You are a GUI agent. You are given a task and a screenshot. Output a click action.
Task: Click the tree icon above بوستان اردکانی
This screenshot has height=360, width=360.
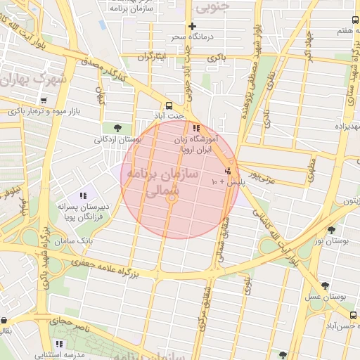[x=116, y=127]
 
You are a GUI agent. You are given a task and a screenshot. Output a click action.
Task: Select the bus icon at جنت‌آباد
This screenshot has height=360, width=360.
[x=169, y=102]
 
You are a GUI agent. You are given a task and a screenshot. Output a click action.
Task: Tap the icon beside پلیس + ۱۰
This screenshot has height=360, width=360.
[x=227, y=171]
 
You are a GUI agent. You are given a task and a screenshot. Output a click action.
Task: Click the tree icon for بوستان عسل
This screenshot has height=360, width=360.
[x=324, y=285]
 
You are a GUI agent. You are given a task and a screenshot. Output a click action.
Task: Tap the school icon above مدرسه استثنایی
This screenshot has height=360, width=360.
[x=60, y=344]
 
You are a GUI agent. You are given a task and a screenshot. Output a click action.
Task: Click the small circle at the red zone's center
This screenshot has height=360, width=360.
[x=171, y=200]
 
